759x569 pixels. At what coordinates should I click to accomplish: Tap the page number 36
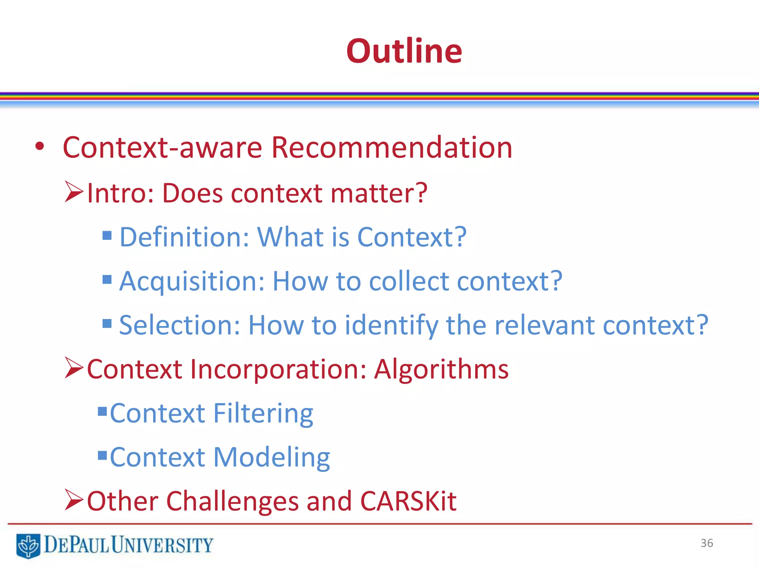(x=706, y=543)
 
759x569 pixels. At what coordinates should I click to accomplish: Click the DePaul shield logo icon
(x=28, y=545)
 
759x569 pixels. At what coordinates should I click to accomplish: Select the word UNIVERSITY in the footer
(x=162, y=545)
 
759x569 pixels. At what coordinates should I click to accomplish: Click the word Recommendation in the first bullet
(x=391, y=147)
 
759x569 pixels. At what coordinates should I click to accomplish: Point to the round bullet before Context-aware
(x=40, y=147)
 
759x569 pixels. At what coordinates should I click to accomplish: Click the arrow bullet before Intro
(x=74, y=192)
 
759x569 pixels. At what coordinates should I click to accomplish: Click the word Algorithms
(x=441, y=370)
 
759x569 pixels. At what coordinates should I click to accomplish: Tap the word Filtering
(x=263, y=413)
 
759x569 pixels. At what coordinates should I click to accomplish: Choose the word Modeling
(x=271, y=457)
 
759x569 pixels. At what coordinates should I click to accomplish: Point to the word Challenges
(x=232, y=501)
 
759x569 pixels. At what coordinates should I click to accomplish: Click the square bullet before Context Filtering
(x=102, y=411)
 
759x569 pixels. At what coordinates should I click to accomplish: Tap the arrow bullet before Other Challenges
(x=74, y=500)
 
